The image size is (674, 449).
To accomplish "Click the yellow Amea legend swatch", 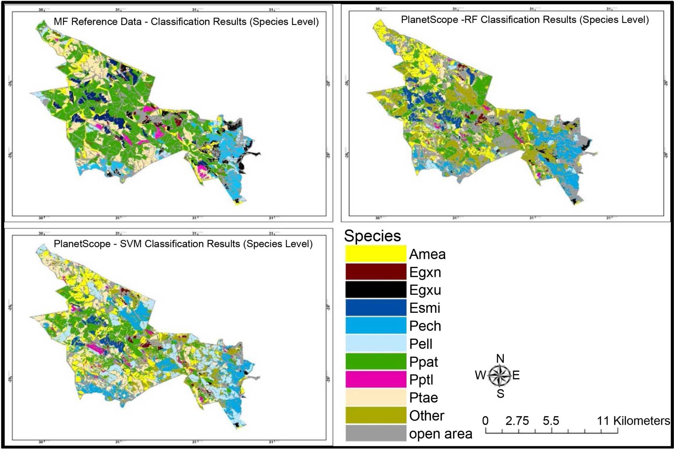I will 375,254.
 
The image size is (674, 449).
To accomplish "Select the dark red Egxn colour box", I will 375,272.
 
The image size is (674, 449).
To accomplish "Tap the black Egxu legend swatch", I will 375,290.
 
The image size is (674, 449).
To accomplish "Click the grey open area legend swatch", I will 375,433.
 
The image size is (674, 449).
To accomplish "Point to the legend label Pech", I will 425,326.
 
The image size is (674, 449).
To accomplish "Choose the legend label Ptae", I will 423,398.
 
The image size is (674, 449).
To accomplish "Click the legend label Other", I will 427,416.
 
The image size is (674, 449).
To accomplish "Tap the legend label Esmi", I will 425,308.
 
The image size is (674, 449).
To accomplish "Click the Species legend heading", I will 372,236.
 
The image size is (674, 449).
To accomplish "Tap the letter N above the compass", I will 500,359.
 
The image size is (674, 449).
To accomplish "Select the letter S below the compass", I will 500,393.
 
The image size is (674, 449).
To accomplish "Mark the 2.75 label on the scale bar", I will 517,421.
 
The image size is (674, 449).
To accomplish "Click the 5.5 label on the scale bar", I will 551,421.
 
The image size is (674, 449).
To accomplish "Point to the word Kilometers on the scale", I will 641,421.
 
